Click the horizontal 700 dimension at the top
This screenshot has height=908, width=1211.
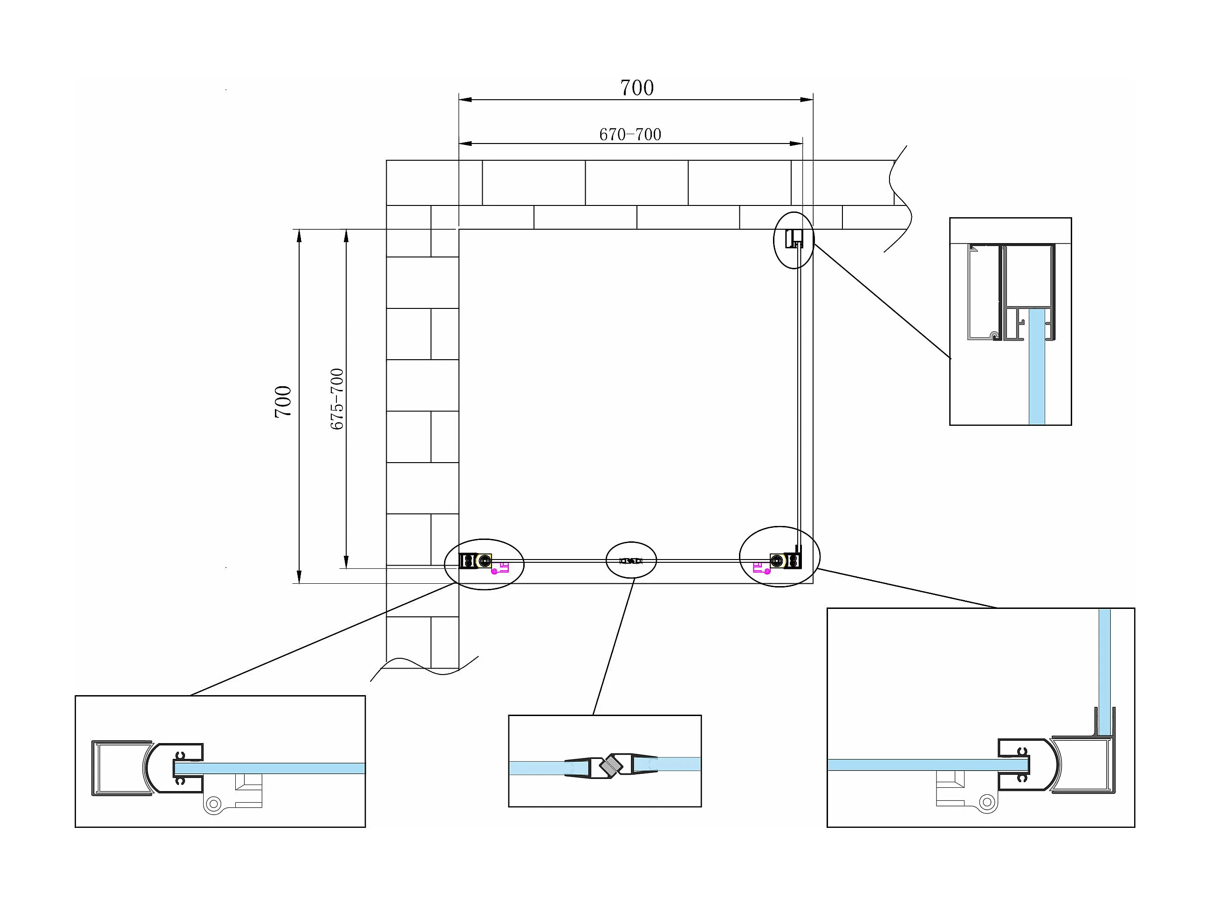[x=636, y=88]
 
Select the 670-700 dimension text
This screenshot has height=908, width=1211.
[x=630, y=135]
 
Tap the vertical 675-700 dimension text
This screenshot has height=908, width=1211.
[x=337, y=398]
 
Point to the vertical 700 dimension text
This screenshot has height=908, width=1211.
[x=283, y=402]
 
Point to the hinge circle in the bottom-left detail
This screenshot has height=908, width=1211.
[x=213, y=804]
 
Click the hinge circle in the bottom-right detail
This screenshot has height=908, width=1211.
[x=987, y=802]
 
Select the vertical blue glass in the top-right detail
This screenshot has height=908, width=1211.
[x=1036, y=367]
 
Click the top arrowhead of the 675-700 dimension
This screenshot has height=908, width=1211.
[x=346, y=235]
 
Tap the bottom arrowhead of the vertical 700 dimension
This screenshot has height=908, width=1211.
[x=299, y=577]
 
